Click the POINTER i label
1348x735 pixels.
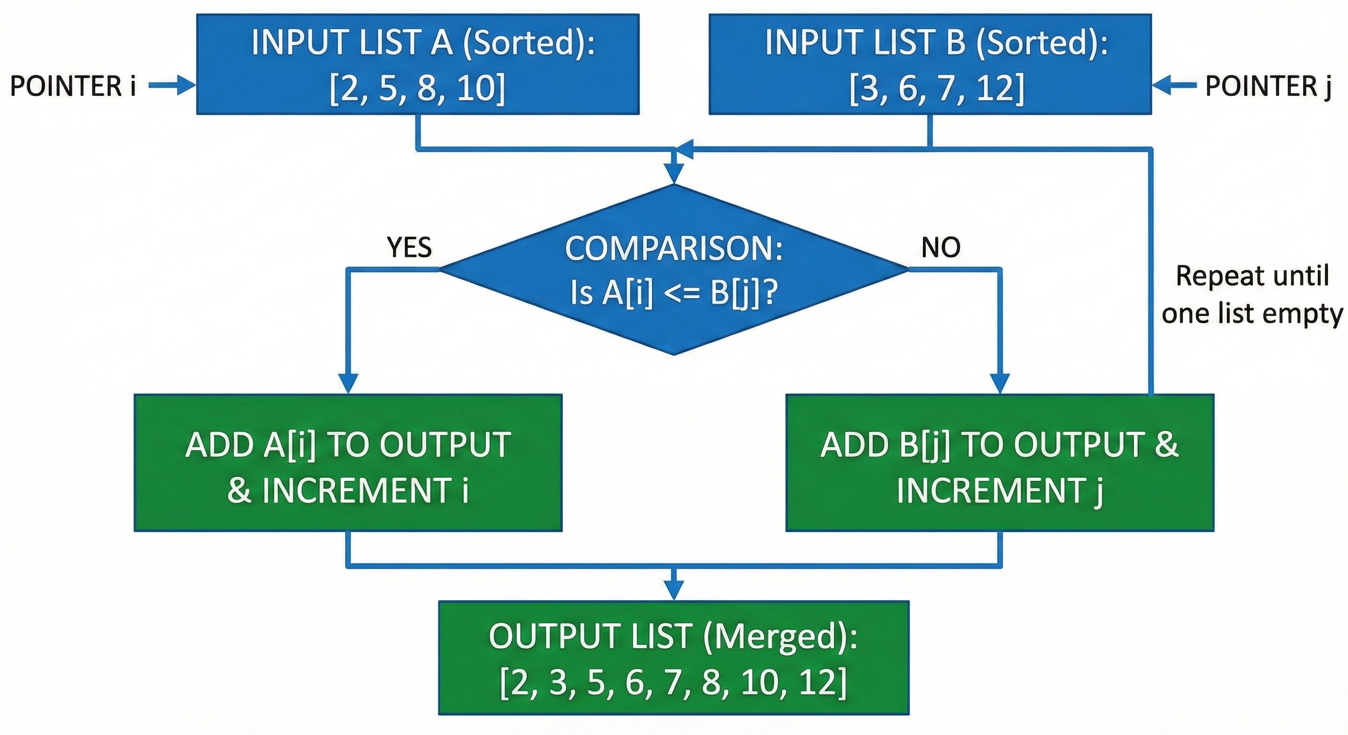(73, 86)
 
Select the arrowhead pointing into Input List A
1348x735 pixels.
(186, 85)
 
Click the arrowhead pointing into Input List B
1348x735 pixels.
(1163, 85)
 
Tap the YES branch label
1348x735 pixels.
(409, 247)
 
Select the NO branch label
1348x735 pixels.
(940, 247)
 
